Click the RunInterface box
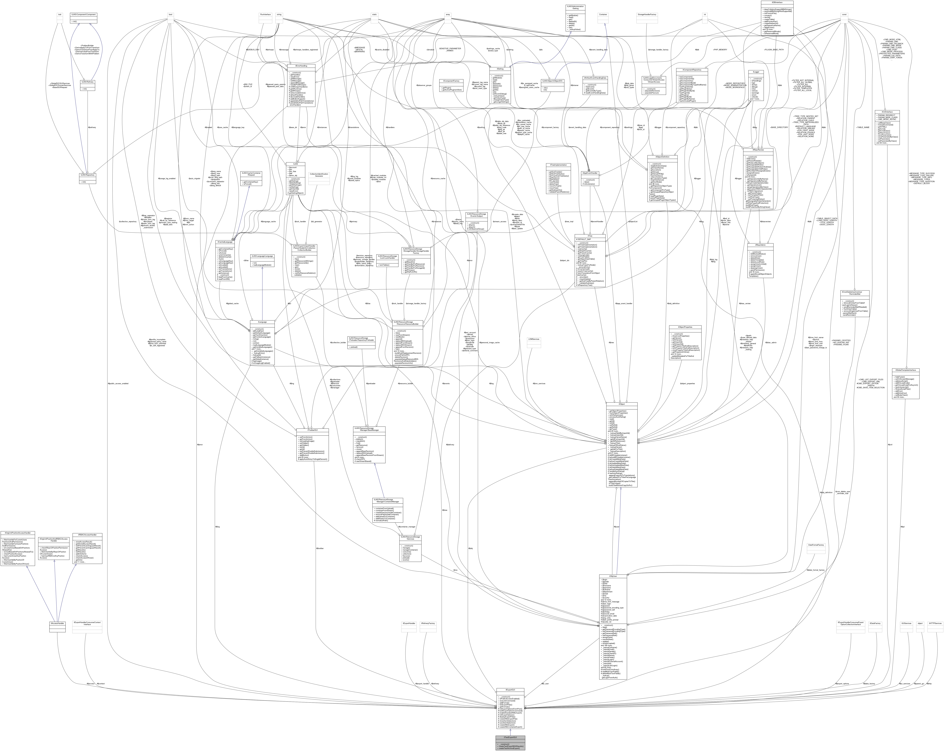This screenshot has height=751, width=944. [x=265, y=14]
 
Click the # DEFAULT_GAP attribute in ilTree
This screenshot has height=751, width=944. [x=584, y=239]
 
